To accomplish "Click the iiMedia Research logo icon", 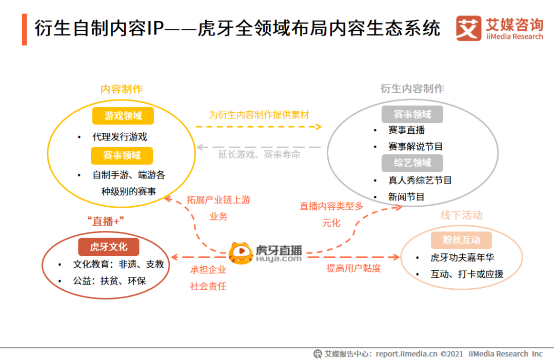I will tap(468, 29).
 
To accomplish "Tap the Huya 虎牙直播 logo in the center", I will tap(265, 252).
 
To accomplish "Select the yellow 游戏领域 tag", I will tap(123, 116).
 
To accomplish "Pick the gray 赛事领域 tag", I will tap(412, 114).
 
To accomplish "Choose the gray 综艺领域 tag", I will tap(412, 163).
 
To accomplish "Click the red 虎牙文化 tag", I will tap(108, 247).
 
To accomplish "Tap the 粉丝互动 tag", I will tap(460, 240).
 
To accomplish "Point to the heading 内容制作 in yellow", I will tap(122, 89).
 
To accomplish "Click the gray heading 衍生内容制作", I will tap(412, 89).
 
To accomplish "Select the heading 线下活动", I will tap(461, 215).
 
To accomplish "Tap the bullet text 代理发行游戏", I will tap(120, 137).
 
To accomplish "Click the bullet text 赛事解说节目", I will tap(415, 147).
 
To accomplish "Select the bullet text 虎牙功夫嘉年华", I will tap(462, 258).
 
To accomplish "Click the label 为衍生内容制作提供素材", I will tap(259, 114).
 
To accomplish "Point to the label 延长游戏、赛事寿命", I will tap(259, 154).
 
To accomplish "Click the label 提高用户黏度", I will tap(353, 268).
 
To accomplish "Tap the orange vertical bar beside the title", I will tap(24, 29).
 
